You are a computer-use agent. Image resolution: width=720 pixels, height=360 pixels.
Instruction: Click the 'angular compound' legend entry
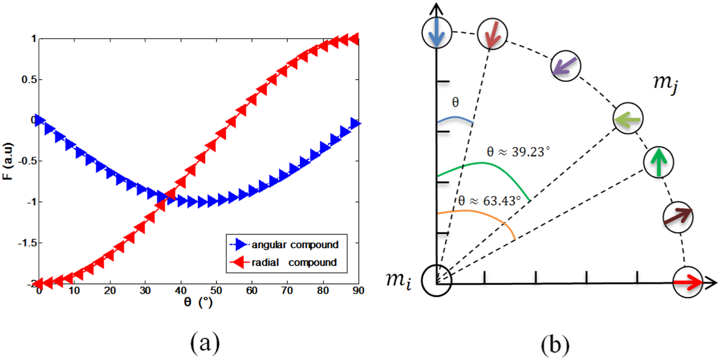(x=295, y=245)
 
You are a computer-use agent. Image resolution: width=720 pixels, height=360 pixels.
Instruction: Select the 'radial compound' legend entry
(x=294, y=263)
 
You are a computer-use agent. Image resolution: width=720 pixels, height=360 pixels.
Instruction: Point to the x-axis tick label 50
(x=216, y=291)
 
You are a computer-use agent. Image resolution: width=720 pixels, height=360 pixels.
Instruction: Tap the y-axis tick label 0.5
(x=29, y=80)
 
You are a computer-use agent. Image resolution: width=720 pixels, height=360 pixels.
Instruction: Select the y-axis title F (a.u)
(x=8, y=161)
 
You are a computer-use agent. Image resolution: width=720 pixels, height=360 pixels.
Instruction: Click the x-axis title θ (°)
(x=198, y=303)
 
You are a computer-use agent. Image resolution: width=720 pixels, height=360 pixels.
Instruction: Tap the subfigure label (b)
(x=555, y=344)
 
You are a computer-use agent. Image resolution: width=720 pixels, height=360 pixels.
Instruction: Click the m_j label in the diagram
(x=665, y=83)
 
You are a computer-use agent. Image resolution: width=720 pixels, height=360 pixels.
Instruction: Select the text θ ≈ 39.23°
(x=518, y=152)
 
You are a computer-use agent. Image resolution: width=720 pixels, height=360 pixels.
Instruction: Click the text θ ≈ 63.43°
(x=490, y=201)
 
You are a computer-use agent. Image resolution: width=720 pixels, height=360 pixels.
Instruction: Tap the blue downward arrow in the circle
(x=436, y=32)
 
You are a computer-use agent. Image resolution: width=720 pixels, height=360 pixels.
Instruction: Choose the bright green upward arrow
(x=658, y=161)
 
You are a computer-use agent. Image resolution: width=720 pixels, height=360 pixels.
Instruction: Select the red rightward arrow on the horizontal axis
(x=688, y=282)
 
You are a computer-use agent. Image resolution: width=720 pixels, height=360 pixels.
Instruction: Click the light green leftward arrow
(x=628, y=118)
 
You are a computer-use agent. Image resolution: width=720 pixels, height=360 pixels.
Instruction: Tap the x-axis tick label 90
(x=358, y=291)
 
